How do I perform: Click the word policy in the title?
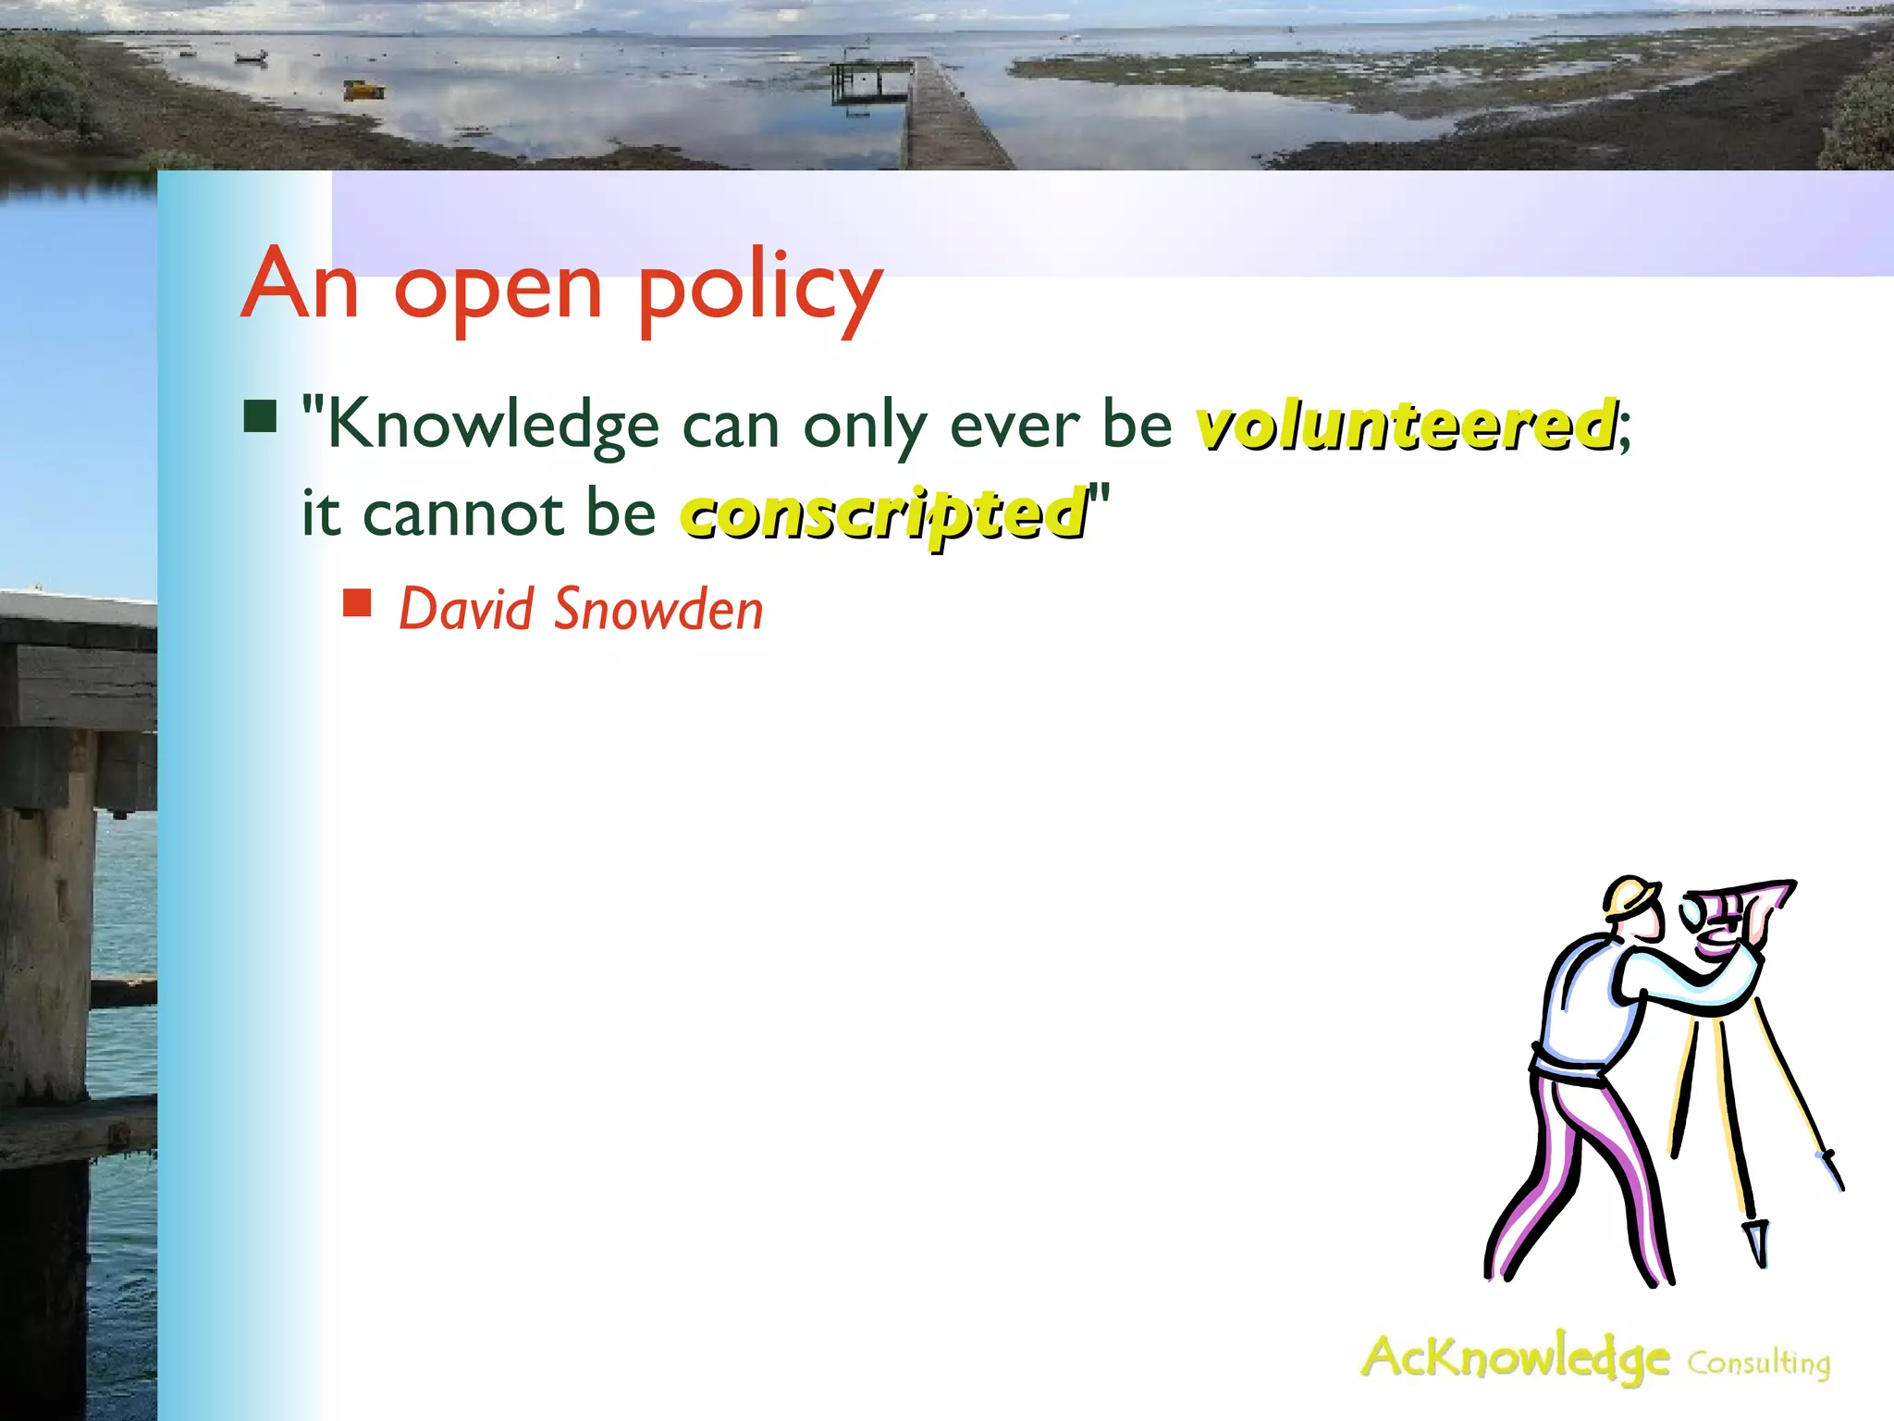[760, 289]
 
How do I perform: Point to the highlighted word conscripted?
[884, 514]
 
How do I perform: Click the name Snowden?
[658, 610]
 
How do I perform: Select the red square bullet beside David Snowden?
[357, 603]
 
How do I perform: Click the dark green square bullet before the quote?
[261, 416]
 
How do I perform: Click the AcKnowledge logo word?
[1515, 1358]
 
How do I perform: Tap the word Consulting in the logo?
[1758, 1363]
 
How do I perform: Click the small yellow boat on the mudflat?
[363, 90]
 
